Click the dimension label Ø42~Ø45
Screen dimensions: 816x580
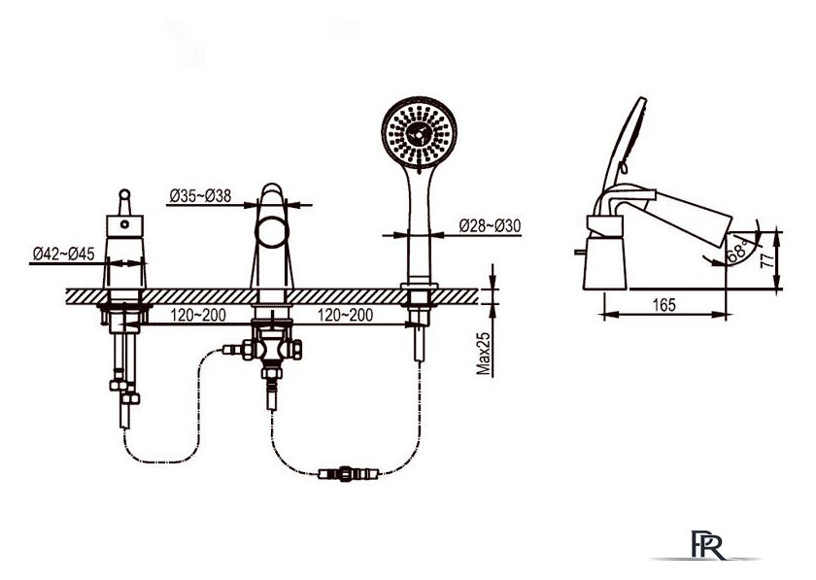point(63,255)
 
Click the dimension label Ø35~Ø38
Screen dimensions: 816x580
point(200,196)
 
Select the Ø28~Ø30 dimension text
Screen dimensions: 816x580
point(490,226)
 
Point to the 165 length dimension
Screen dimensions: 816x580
point(663,305)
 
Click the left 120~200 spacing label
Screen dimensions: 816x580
point(198,315)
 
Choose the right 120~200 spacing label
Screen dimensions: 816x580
point(346,315)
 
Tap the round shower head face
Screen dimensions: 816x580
point(420,132)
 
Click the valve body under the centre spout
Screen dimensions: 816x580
point(272,347)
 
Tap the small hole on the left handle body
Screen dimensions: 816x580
point(124,224)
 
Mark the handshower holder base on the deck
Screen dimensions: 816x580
point(419,287)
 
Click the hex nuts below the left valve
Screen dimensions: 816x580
point(124,392)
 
